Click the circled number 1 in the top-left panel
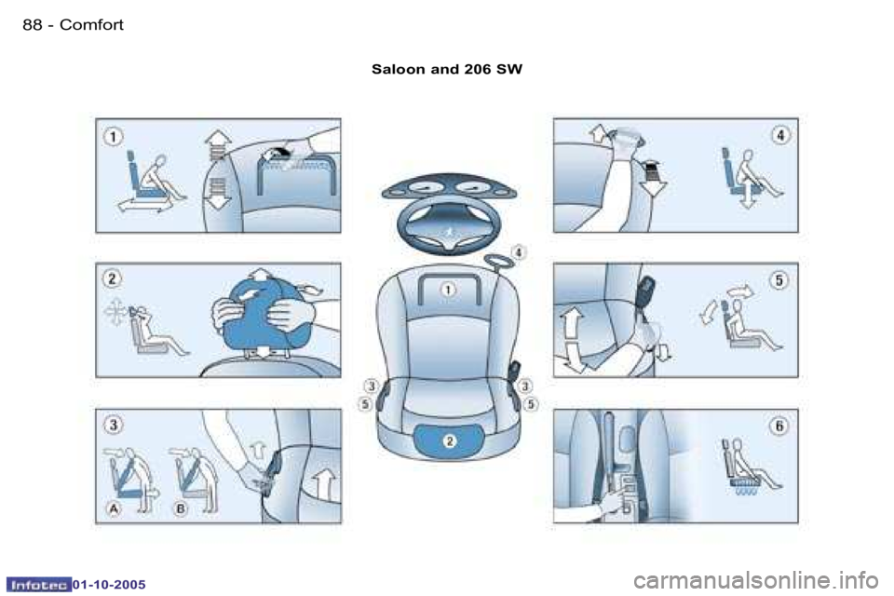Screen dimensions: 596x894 click(111, 136)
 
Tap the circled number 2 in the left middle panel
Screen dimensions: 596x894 click(111, 278)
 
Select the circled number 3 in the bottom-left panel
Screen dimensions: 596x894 click(112, 426)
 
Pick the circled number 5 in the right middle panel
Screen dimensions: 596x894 click(780, 278)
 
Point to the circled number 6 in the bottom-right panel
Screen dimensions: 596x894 click(780, 426)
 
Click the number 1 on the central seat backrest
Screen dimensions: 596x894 click(448, 290)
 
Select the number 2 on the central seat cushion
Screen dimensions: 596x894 click(448, 440)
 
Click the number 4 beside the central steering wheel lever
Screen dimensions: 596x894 click(519, 251)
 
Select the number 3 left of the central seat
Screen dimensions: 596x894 click(371, 386)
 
